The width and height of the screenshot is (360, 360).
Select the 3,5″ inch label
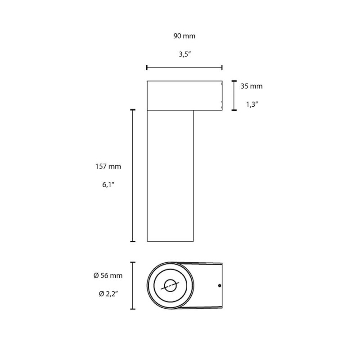point(184,55)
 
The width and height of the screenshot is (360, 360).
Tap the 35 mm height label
point(251,86)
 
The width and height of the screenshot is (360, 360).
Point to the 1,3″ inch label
point(251,104)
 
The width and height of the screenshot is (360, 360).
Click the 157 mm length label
point(108,166)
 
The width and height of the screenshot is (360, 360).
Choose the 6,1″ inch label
point(108,184)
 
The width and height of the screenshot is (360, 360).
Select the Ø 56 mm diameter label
point(108,275)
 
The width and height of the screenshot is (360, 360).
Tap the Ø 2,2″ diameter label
point(108,294)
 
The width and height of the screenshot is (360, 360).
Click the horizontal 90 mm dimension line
point(184,68)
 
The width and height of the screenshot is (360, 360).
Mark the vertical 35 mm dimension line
point(234,95)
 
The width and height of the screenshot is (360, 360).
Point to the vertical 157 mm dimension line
point(133,175)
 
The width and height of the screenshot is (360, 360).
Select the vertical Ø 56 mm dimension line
point(133,286)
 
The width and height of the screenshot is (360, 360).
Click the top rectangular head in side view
point(184,95)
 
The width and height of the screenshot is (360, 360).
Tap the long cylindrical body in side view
point(170,175)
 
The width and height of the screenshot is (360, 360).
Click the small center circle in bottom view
point(170,285)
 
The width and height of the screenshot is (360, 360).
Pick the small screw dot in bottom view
point(219,285)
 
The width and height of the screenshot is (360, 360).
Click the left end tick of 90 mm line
point(147,68)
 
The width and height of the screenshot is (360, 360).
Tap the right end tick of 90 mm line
point(222,68)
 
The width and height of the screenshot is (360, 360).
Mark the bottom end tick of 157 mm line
point(133,242)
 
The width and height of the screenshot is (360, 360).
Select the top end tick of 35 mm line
point(234,81)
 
